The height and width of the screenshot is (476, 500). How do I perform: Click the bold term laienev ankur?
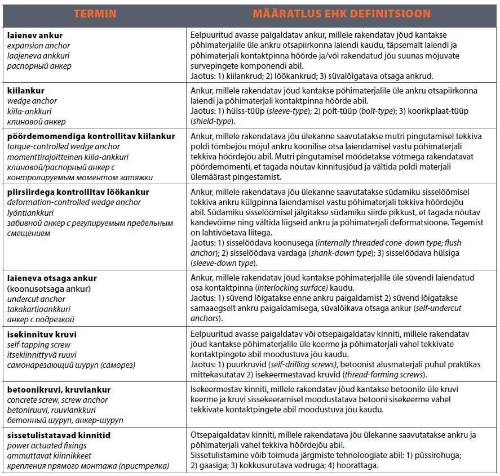[x=35, y=35]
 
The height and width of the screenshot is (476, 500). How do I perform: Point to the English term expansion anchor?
[x=39, y=46]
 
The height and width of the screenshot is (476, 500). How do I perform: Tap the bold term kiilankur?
[x=26, y=91]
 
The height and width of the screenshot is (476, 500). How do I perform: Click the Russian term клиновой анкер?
[x=37, y=121]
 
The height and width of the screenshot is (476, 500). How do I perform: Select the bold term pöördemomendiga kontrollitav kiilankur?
[x=91, y=136]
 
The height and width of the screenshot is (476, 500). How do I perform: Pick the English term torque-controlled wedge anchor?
[x=64, y=146]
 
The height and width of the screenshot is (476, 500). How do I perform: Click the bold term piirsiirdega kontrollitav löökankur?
[x=78, y=192]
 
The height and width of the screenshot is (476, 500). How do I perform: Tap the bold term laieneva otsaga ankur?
[x=52, y=278]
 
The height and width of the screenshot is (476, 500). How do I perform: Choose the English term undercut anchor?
[x=36, y=299]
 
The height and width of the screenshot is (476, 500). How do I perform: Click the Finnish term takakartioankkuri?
[x=39, y=309]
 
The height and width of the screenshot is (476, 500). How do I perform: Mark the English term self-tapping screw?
[x=39, y=344]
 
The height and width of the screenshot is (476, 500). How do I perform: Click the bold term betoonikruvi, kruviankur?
[x=59, y=390]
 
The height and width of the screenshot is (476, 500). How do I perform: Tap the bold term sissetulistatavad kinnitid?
[x=59, y=435]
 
